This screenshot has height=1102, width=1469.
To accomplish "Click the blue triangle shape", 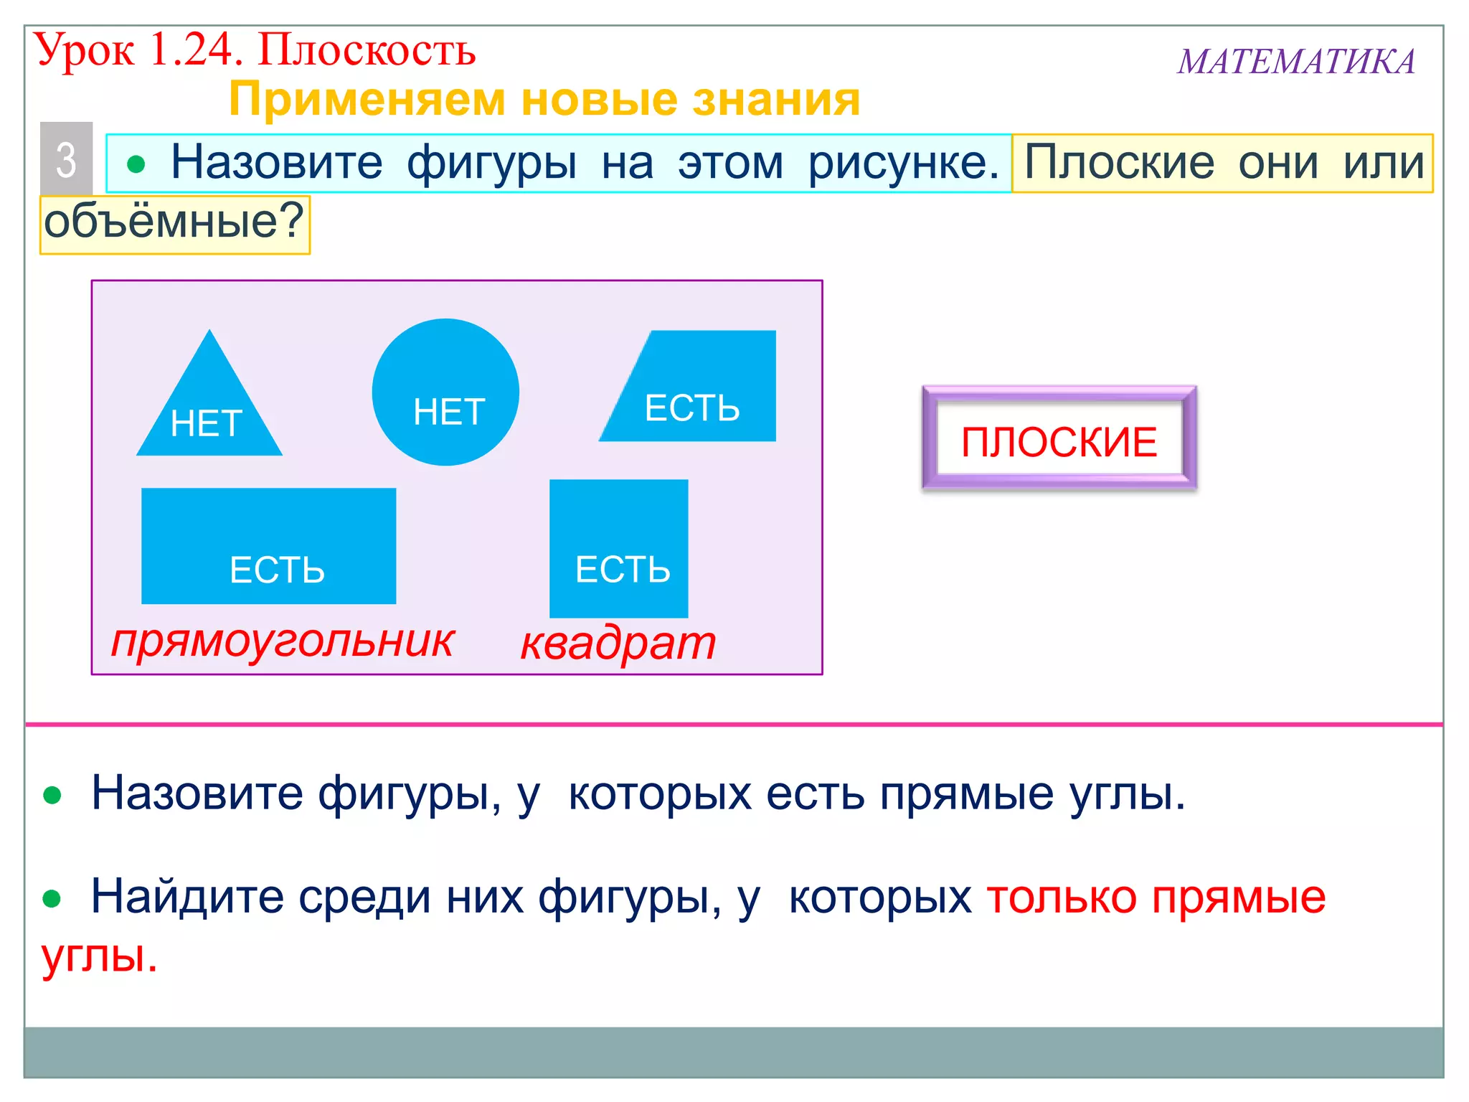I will (x=209, y=409).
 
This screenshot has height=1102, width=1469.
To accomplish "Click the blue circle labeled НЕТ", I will (x=445, y=391).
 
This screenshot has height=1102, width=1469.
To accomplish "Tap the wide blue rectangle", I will (x=268, y=545).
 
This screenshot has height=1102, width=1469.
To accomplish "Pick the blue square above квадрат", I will (x=618, y=548).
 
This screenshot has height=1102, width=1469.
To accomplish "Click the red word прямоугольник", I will (x=283, y=641).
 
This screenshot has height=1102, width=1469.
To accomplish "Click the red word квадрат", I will (x=618, y=643).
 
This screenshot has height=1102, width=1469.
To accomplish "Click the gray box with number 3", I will (x=66, y=159).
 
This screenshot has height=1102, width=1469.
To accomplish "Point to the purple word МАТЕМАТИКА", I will (x=1295, y=62).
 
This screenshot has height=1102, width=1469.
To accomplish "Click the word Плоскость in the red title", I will (x=367, y=50).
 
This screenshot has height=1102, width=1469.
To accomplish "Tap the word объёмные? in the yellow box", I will (x=174, y=222).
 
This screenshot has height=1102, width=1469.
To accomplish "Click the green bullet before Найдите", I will (x=52, y=898).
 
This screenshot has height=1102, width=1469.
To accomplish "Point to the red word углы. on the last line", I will (x=99, y=956).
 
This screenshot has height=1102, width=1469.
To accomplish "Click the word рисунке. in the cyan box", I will (x=904, y=163).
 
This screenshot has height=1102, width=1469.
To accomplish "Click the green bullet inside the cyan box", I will (x=136, y=165).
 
